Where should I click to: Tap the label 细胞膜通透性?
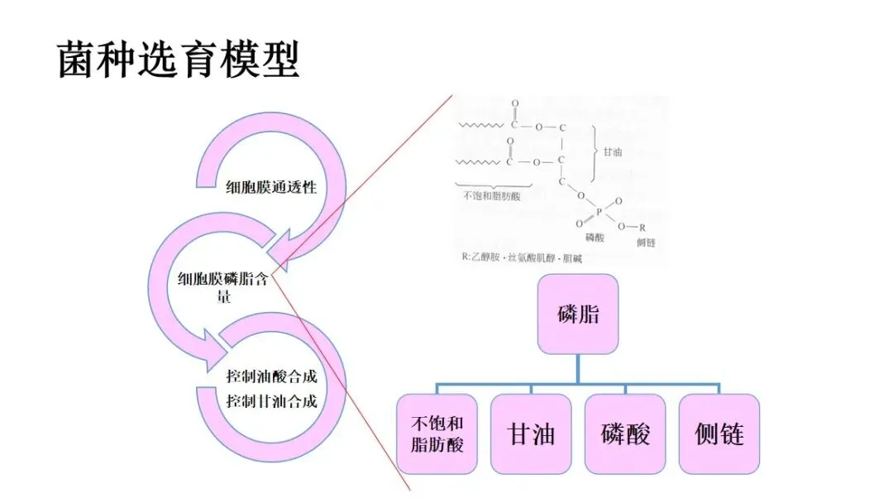(x=271, y=187)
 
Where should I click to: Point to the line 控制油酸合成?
(x=272, y=376)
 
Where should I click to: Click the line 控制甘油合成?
(x=272, y=402)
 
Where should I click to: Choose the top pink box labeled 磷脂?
(x=578, y=314)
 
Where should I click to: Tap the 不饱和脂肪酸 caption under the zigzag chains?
(x=493, y=196)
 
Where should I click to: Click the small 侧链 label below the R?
(x=646, y=242)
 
